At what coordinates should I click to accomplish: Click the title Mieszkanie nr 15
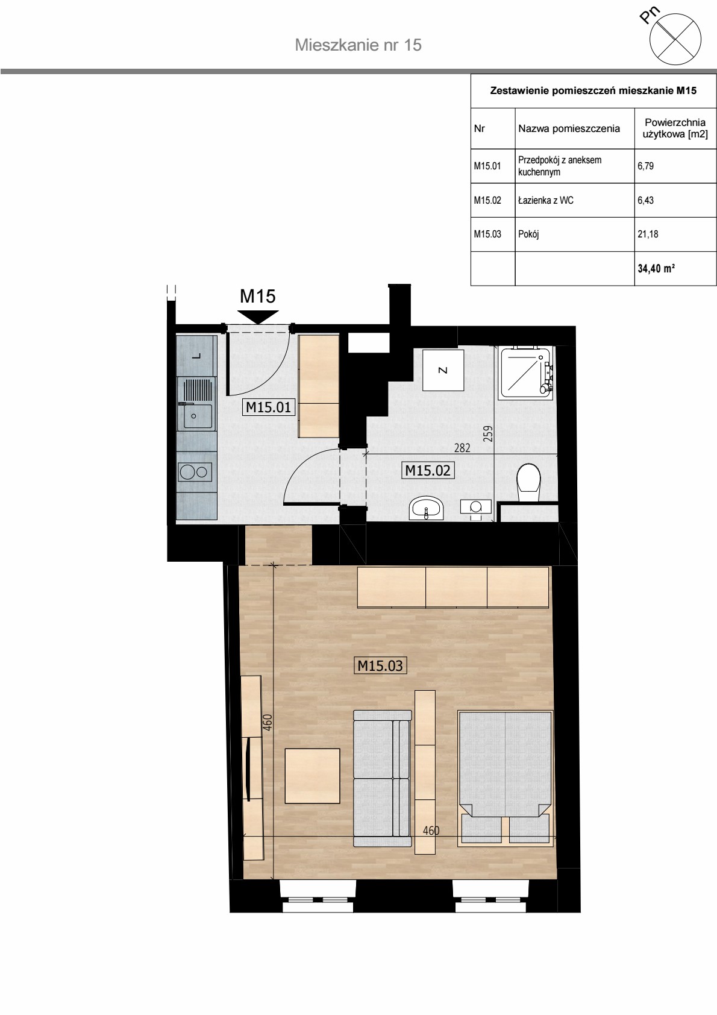(x=358, y=45)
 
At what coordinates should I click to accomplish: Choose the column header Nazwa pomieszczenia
(x=569, y=129)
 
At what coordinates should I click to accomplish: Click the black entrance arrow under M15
(x=258, y=316)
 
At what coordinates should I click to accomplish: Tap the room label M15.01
(x=268, y=407)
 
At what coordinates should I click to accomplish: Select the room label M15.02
(x=428, y=470)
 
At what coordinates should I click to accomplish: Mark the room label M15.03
(x=380, y=665)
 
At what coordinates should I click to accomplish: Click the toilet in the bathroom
(x=528, y=482)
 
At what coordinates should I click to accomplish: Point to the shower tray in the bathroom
(x=526, y=372)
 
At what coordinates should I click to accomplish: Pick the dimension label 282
(x=462, y=448)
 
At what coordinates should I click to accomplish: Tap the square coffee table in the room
(x=312, y=776)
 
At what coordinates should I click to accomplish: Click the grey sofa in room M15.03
(x=382, y=779)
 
